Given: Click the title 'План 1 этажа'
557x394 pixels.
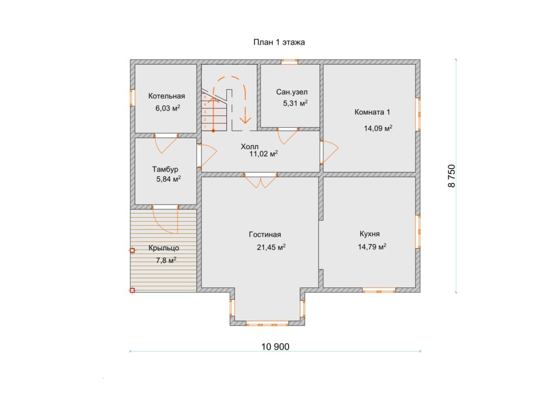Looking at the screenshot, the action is pyautogui.click(x=279, y=42).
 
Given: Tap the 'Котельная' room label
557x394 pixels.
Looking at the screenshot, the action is pyautogui.click(x=166, y=96).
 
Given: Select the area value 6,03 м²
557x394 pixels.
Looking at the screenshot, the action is pyautogui.click(x=168, y=108).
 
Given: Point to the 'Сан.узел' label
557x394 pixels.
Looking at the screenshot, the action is pyautogui.click(x=292, y=92).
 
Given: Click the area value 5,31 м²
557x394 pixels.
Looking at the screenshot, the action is pyautogui.click(x=295, y=103).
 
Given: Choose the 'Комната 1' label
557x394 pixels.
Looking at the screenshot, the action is pyautogui.click(x=372, y=112).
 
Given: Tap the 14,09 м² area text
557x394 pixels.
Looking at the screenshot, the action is pyautogui.click(x=378, y=128).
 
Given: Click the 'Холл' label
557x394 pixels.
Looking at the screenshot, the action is pyautogui.click(x=250, y=146).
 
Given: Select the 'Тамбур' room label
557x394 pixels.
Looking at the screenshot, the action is pyautogui.click(x=165, y=169).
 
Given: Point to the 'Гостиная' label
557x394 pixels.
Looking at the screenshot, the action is pyautogui.click(x=265, y=235).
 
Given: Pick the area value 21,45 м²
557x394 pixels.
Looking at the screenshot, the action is pyautogui.click(x=271, y=247).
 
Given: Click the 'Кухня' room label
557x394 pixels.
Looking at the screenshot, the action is pyautogui.click(x=369, y=234).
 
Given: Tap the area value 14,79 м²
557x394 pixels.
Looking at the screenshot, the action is pyautogui.click(x=372, y=247).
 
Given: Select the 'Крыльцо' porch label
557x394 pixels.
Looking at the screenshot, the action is pyautogui.click(x=164, y=248).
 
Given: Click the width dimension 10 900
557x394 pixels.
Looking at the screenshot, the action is pyautogui.click(x=275, y=347).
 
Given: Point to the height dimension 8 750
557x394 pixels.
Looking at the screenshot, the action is pyautogui.click(x=451, y=176).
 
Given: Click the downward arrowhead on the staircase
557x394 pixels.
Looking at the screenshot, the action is pyautogui.click(x=245, y=119).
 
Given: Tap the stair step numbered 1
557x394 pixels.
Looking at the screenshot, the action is pyautogui.click(x=205, y=127).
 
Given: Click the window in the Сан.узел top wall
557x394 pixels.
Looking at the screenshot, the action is pyautogui.click(x=289, y=61).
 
